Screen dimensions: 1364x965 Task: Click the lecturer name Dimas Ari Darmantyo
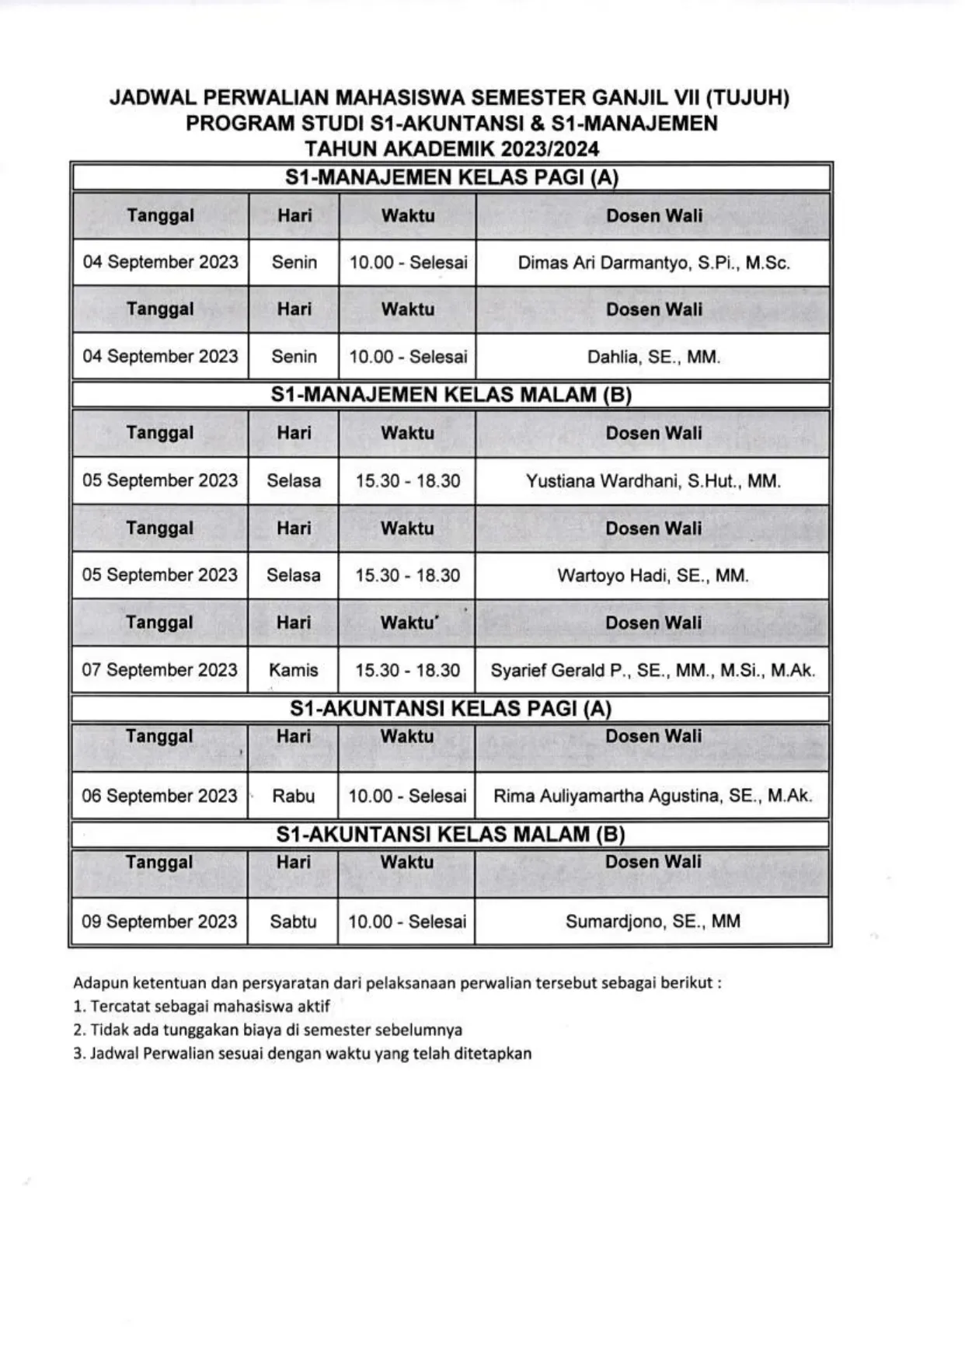click(x=653, y=263)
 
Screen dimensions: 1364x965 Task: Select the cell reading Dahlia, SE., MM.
click(x=653, y=358)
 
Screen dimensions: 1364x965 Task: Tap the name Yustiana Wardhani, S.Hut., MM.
click(x=653, y=481)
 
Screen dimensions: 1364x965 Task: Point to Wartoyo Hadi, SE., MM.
click(x=653, y=576)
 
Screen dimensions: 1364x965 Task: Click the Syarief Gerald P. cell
click(x=653, y=671)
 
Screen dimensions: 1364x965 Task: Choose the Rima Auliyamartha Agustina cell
click(x=653, y=796)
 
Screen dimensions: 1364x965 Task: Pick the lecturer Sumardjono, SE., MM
click(x=653, y=922)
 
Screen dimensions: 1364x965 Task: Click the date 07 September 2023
click(x=159, y=670)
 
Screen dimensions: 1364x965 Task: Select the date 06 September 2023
click(x=159, y=796)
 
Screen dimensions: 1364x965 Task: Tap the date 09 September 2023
click(x=159, y=922)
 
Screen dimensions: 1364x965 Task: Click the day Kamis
click(x=294, y=670)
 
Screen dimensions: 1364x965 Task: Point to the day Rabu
click(x=294, y=796)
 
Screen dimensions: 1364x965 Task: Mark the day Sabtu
click(x=294, y=922)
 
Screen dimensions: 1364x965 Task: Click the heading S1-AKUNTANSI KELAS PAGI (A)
click(x=451, y=708)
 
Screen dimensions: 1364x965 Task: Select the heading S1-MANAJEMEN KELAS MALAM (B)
click(x=451, y=395)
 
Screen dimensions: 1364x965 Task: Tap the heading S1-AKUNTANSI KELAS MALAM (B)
click(x=451, y=835)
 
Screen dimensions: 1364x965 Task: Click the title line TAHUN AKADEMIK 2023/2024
click(x=451, y=148)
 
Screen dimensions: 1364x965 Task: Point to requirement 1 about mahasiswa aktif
click(x=202, y=1006)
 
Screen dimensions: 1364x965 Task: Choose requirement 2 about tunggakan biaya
click(x=268, y=1031)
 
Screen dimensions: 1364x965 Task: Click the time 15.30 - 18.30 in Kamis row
click(x=408, y=670)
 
